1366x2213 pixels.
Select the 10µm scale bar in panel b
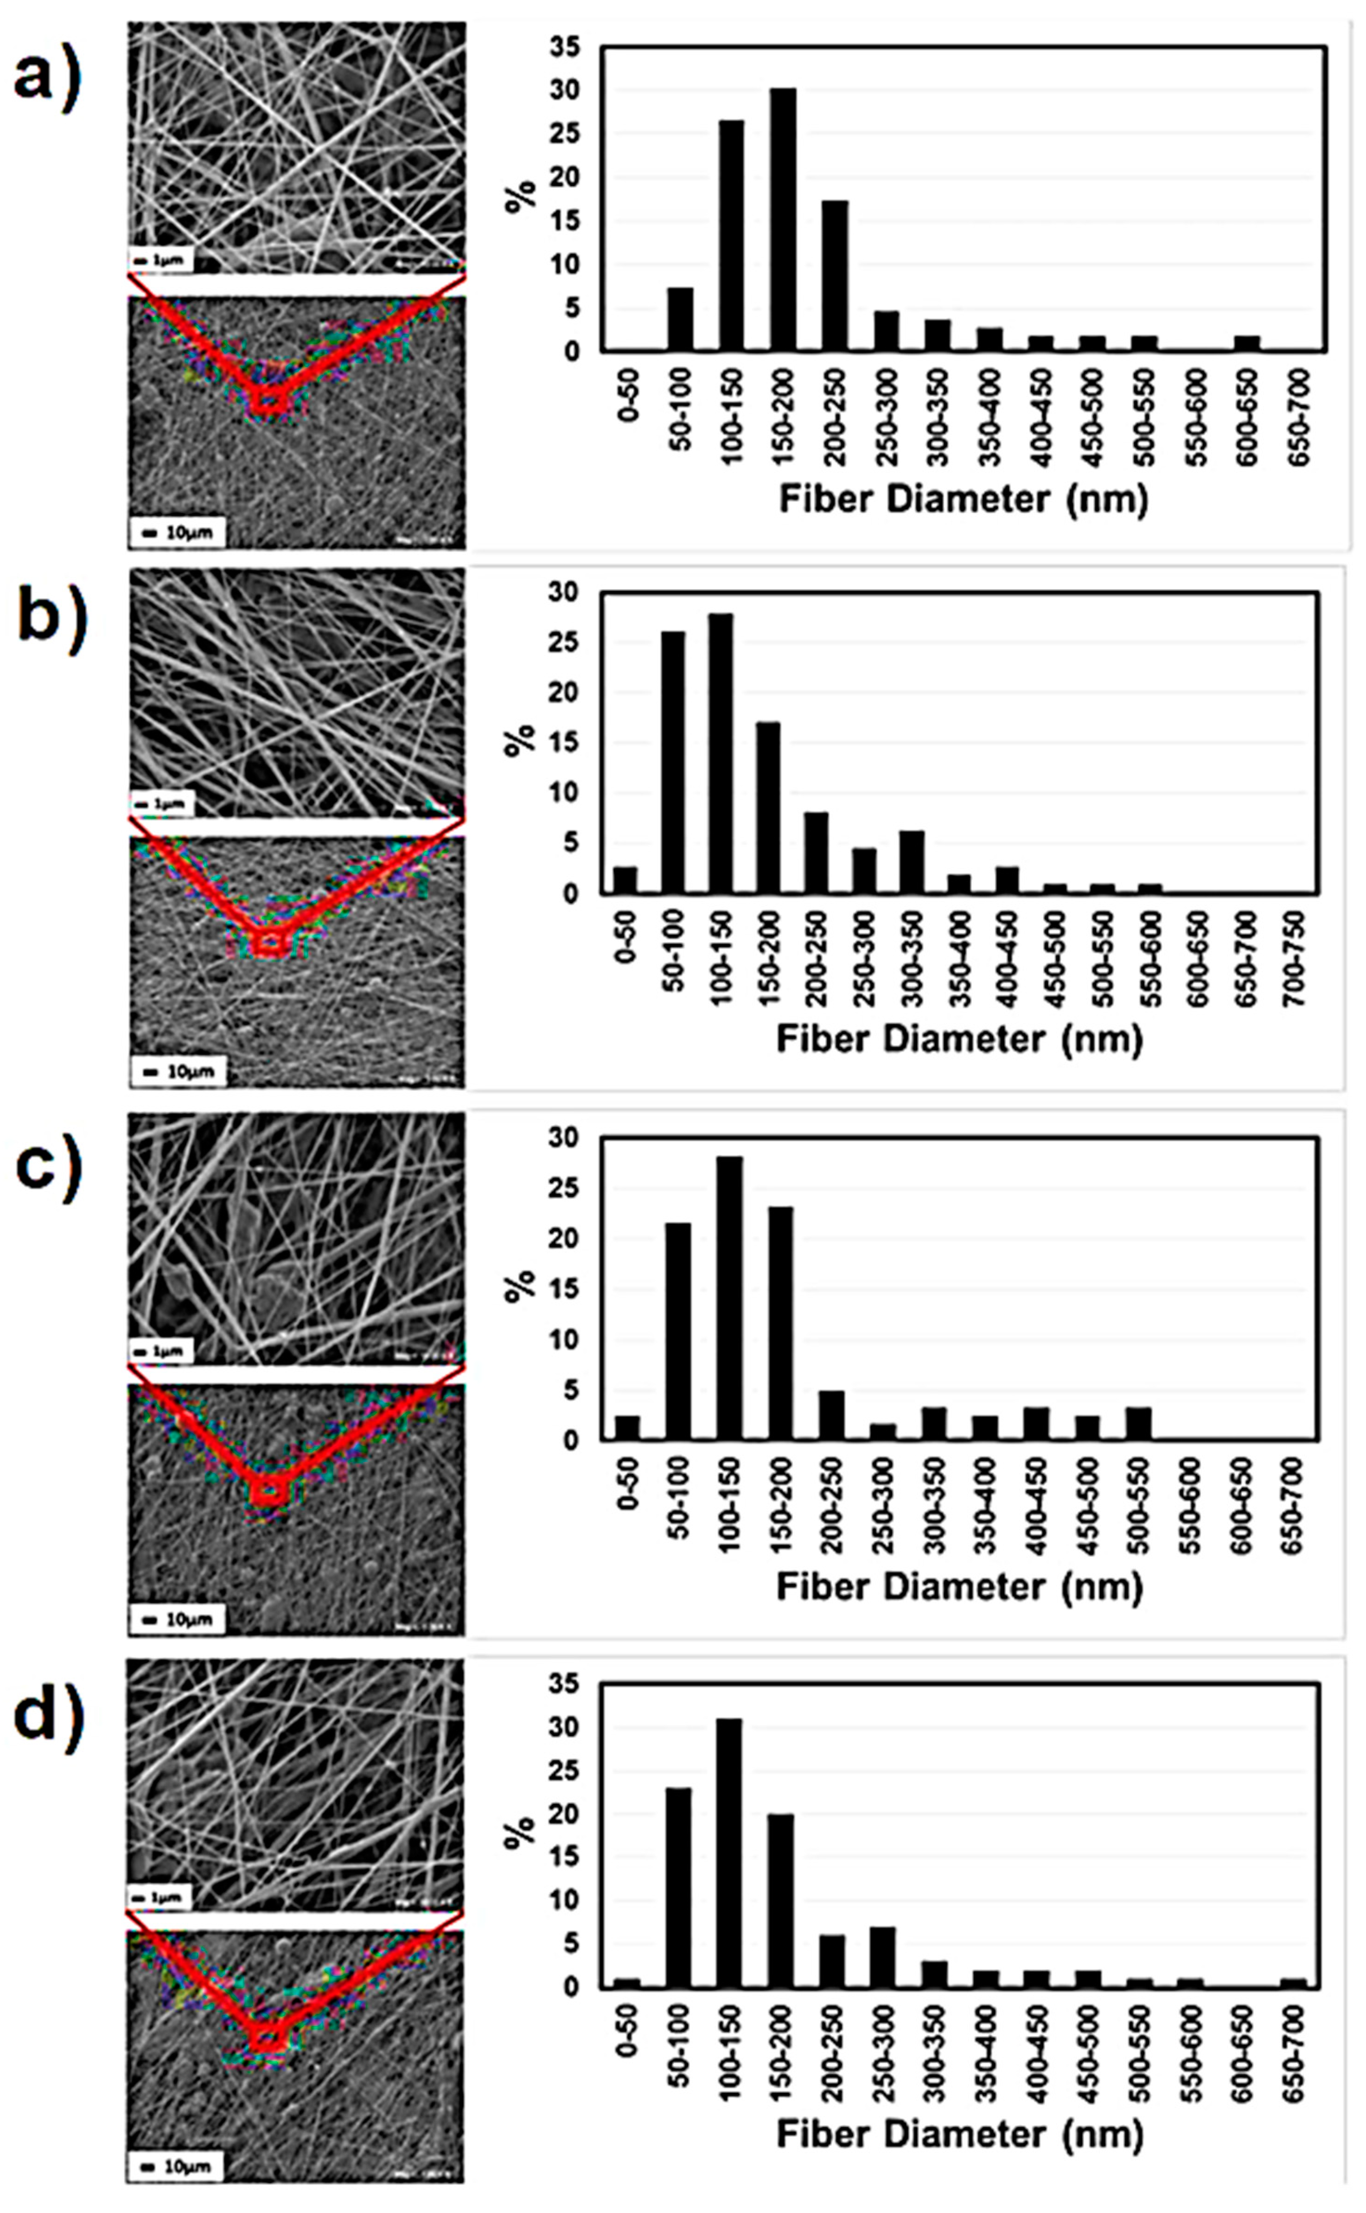pyautogui.click(x=177, y=1071)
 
